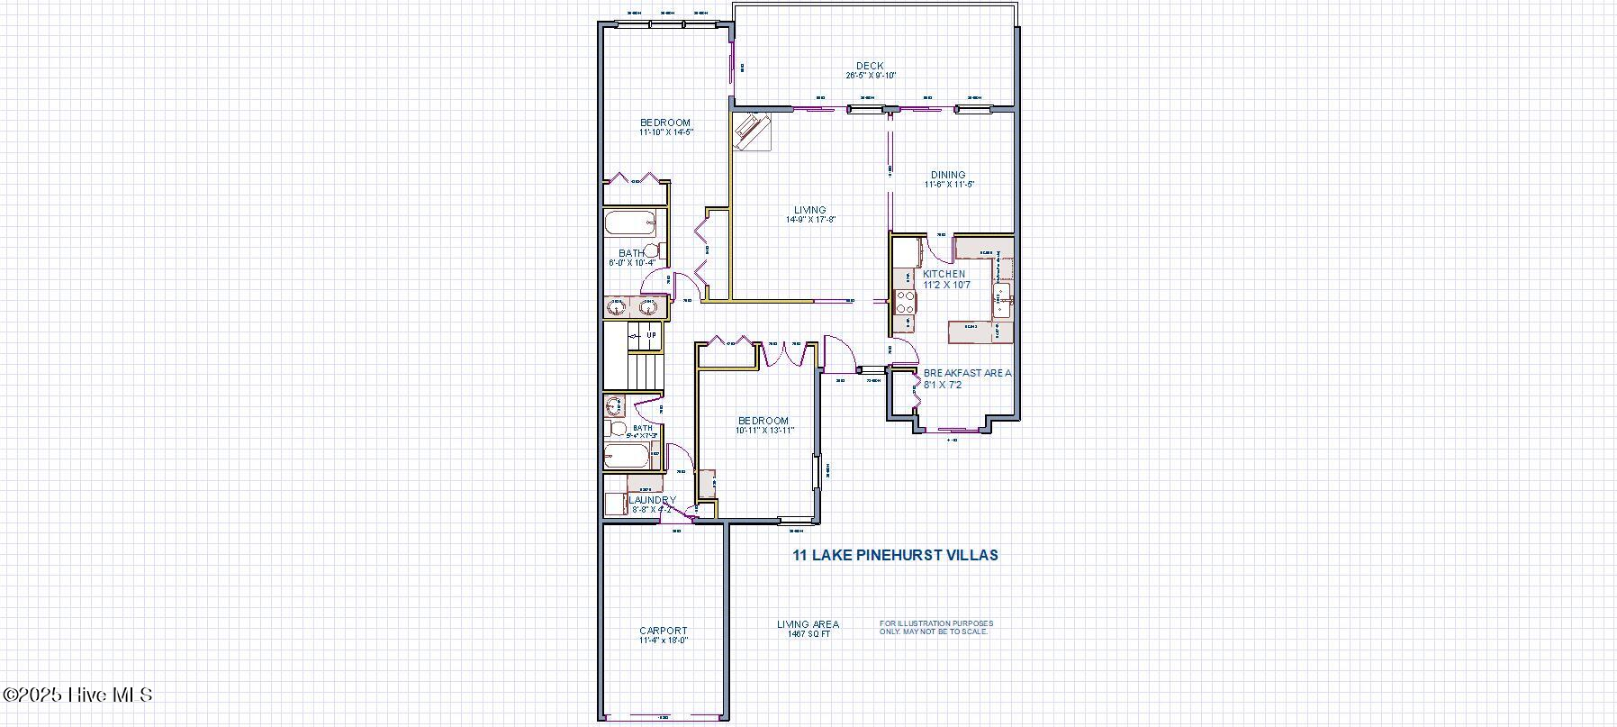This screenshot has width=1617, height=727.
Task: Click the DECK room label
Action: [x=870, y=66]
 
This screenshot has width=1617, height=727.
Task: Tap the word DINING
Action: [x=948, y=175]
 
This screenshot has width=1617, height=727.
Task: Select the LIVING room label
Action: [x=810, y=210]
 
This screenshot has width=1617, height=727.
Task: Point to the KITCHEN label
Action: [x=944, y=274]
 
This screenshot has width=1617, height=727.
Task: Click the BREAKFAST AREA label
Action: [x=968, y=373]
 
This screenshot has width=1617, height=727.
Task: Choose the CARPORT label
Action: [x=664, y=631]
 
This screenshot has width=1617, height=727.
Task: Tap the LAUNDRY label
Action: [x=653, y=500]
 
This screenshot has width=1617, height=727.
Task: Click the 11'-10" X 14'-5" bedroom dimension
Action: [x=666, y=132]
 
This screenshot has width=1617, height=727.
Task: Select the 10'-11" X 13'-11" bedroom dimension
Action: [x=764, y=431]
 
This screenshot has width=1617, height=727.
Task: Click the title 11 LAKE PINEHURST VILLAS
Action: [x=895, y=555]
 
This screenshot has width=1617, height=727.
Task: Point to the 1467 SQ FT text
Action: [x=808, y=634]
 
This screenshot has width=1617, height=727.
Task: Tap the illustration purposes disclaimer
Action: [x=936, y=627]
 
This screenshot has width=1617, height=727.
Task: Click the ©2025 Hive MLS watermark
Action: [x=77, y=695]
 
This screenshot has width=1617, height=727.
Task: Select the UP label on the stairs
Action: [x=651, y=335]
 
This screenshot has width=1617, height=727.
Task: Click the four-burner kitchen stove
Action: [x=904, y=301]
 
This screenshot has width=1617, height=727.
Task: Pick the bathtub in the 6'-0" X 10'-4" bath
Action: [x=631, y=224]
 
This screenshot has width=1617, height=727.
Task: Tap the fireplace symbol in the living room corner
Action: [x=751, y=131]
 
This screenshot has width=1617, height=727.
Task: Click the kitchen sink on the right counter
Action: [x=1001, y=294]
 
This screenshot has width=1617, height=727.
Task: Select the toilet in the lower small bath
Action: [x=616, y=427]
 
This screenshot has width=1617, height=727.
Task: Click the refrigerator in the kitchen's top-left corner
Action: [x=905, y=250]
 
